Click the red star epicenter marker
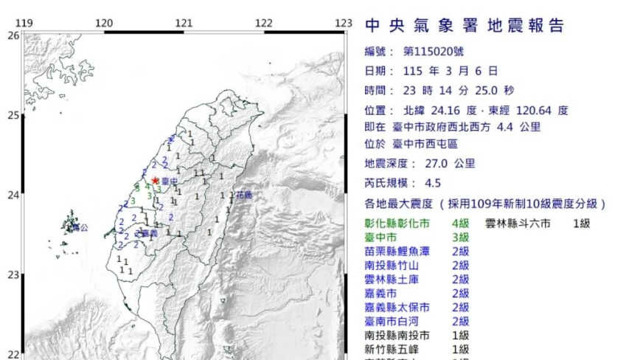[156, 180]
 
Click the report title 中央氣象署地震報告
[465, 26]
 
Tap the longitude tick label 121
[184, 23]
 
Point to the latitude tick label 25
[13, 114]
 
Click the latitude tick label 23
[13, 275]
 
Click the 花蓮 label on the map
[244, 195]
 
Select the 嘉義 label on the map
[150, 233]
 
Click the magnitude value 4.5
[434, 184]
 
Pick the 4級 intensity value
[460, 224]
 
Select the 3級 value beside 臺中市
[460, 238]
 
